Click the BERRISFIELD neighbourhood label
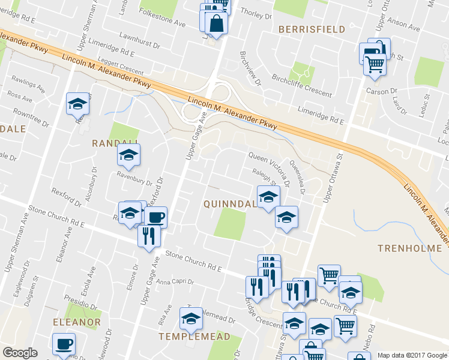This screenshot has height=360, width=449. pyautogui.click(x=311, y=29)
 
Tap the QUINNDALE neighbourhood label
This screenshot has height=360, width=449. pyautogui.click(x=231, y=204)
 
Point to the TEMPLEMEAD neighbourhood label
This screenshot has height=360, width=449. pyautogui.click(x=194, y=337)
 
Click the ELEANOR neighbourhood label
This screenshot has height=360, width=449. pyautogui.click(x=77, y=322)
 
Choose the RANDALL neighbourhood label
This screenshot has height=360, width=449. pyautogui.click(x=115, y=143)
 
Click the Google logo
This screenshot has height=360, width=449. pyautogui.click(x=20, y=353)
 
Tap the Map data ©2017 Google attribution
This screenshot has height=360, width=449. pyautogui.click(x=412, y=355)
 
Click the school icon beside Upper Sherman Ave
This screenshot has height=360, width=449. pyautogui.click(x=77, y=105)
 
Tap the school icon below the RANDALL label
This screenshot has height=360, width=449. pyautogui.click(x=128, y=157)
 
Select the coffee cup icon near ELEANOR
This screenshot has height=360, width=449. pyautogui.click(x=63, y=345)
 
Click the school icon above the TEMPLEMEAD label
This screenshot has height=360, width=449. pyautogui.click(x=191, y=319)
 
